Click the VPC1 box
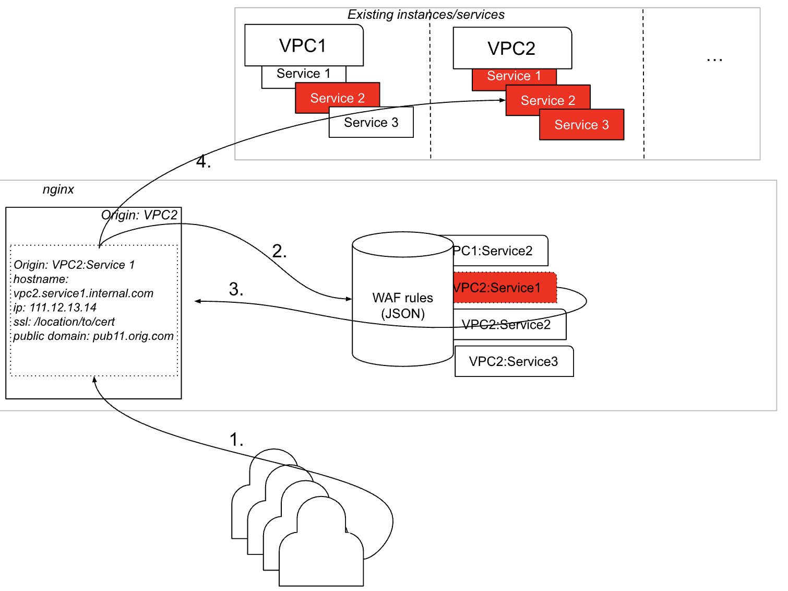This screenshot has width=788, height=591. [304, 45]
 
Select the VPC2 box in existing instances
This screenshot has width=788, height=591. [512, 48]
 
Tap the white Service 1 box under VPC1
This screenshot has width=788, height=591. [303, 74]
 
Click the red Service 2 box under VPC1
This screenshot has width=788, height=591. [337, 98]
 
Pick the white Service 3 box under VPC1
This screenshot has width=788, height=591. [371, 123]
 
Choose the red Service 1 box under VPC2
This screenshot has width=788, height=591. [514, 76]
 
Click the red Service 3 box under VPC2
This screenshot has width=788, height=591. [581, 125]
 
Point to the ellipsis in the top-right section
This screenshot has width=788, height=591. [714, 60]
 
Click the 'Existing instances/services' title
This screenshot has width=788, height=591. [426, 15]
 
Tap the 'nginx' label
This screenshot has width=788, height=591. [58, 189]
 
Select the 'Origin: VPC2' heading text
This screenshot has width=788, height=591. [139, 215]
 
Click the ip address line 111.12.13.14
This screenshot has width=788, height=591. [55, 308]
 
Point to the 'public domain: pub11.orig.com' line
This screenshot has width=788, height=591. [93, 336]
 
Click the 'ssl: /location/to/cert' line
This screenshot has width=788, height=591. [64, 322]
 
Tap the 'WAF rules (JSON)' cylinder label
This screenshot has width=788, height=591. [402, 305]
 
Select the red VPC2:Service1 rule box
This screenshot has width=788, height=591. [504, 288]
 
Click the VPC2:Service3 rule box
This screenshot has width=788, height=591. [514, 361]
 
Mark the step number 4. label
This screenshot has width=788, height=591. [203, 162]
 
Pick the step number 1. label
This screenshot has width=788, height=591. [236, 440]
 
